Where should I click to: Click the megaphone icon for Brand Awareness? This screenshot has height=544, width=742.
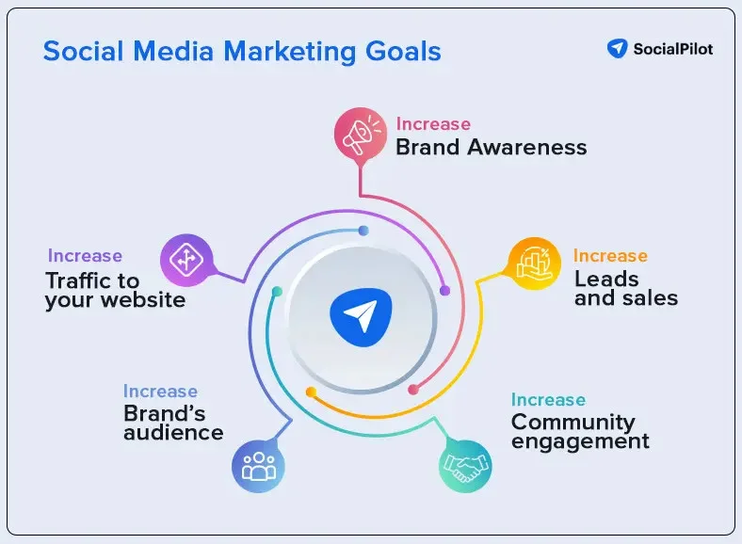coord(362,136)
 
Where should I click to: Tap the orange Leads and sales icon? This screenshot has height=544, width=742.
coord(534,264)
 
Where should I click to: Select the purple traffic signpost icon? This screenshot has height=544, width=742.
coord(186,260)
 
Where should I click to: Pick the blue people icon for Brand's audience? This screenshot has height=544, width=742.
coord(258,465)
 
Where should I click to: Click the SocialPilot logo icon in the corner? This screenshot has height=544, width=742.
coord(618,48)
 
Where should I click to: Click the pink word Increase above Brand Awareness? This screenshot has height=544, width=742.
coord(433,124)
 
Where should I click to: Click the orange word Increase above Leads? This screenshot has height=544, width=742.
coord(610,256)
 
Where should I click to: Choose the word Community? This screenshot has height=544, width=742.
coord(573,422)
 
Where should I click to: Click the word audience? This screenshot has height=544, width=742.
coord(173,433)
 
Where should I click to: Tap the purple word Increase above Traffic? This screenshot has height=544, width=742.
coord(85,256)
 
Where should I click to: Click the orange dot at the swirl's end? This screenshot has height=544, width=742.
coord(311,392)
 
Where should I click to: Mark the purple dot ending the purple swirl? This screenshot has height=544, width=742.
coord(445,291)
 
